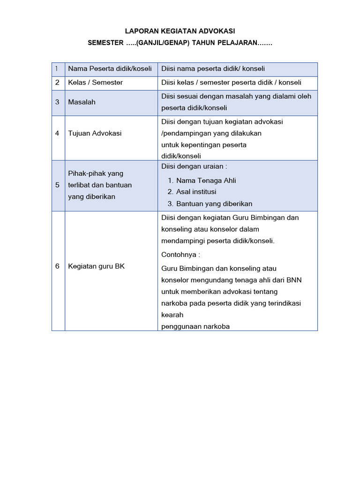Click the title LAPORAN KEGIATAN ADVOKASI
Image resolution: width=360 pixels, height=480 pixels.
coord(180,31)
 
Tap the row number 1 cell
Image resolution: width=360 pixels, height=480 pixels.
coord(57,69)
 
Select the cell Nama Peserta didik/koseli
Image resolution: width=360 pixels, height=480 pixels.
coord(110,69)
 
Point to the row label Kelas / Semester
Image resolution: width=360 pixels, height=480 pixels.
coord(96,82)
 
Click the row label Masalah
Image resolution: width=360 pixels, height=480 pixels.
coord(82,102)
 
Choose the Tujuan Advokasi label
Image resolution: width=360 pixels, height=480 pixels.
coord(95,133)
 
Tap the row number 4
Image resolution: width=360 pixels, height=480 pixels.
coord(57,133)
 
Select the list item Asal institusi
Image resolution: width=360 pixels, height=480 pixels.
coord(196,192)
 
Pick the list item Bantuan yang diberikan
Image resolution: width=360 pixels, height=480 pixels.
coord(214,203)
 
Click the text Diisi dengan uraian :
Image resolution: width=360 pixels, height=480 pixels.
coord(194,166)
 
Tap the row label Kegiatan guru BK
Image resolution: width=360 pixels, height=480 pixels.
coord(97,266)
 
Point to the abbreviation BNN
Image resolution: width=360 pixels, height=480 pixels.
coord(293,280)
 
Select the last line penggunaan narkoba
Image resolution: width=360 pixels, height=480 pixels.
coord(195,326)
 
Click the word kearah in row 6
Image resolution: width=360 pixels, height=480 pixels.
coord(172,315)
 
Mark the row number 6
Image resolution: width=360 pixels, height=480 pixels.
coord(57,266)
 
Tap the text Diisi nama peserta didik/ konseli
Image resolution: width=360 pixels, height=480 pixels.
coord(213,69)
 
